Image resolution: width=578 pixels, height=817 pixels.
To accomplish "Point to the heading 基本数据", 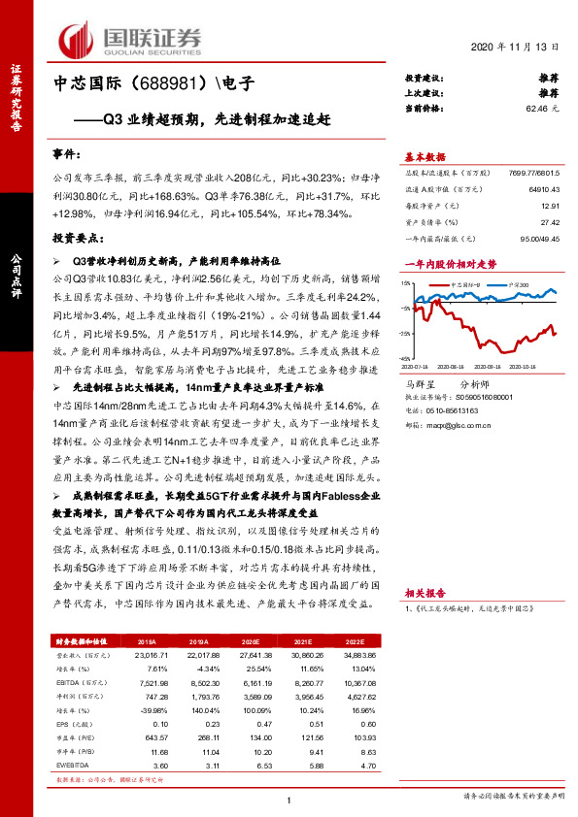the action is (x=425, y=156).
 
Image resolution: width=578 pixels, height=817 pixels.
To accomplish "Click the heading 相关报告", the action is (x=425, y=590).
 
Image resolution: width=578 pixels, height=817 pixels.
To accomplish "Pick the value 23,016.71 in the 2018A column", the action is (x=149, y=656).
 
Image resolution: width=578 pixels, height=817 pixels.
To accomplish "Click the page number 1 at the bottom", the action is (x=289, y=799).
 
